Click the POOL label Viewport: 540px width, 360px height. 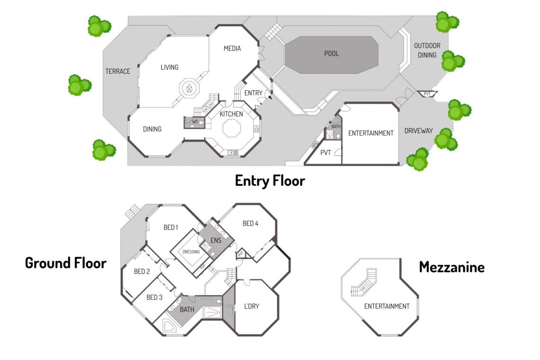(x=332, y=54)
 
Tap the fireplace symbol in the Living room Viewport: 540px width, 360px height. (x=189, y=88)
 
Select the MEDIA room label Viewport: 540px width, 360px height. (x=232, y=48)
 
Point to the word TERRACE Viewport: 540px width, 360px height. (x=117, y=72)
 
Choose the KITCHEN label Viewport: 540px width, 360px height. (x=231, y=114)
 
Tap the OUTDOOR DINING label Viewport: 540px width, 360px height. (x=427, y=50)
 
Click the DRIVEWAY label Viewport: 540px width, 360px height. (x=418, y=131)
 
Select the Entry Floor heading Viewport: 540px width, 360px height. (x=270, y=180)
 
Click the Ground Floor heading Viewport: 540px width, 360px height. (x=65, y=263)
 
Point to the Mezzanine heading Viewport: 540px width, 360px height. (x=451, y=267)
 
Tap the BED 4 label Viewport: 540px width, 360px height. (x=251, y=224)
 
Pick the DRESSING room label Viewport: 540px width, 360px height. (x=191, y=252)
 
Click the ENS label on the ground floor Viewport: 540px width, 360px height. (x=216, y=240)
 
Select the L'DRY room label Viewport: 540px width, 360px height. (x=252, y=306)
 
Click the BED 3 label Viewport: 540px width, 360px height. (x=154, y=297)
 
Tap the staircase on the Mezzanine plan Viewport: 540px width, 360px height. (x=365, y=283)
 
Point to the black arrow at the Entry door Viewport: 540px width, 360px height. (x=270, y=97)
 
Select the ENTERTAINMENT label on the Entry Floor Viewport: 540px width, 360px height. (x=371, y=133)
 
